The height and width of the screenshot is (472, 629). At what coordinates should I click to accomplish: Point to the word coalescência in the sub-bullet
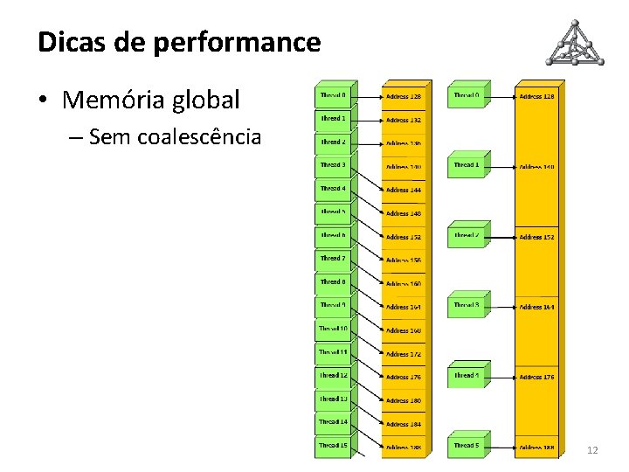206,136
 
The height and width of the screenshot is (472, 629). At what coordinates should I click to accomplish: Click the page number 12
592,449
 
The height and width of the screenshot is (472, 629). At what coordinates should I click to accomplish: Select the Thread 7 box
333,260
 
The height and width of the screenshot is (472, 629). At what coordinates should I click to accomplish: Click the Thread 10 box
333,330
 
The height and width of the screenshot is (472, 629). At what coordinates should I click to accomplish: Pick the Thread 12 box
333,376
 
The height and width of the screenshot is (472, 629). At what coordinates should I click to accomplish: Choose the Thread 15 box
333,446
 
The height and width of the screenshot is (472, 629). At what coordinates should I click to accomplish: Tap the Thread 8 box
333,282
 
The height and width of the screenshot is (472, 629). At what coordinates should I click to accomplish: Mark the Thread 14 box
333,422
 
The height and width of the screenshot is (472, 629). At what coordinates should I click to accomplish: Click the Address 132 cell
404,120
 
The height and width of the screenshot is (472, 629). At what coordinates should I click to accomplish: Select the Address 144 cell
404,190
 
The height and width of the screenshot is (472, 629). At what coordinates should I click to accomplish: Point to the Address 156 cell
404,260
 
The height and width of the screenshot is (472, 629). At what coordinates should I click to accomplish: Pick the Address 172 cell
404,354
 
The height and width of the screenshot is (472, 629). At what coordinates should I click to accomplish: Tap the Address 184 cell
404,424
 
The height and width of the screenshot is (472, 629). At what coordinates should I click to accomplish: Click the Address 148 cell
404,213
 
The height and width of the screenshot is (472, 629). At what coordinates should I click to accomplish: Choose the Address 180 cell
404,400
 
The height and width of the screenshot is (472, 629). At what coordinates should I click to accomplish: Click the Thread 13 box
333,399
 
